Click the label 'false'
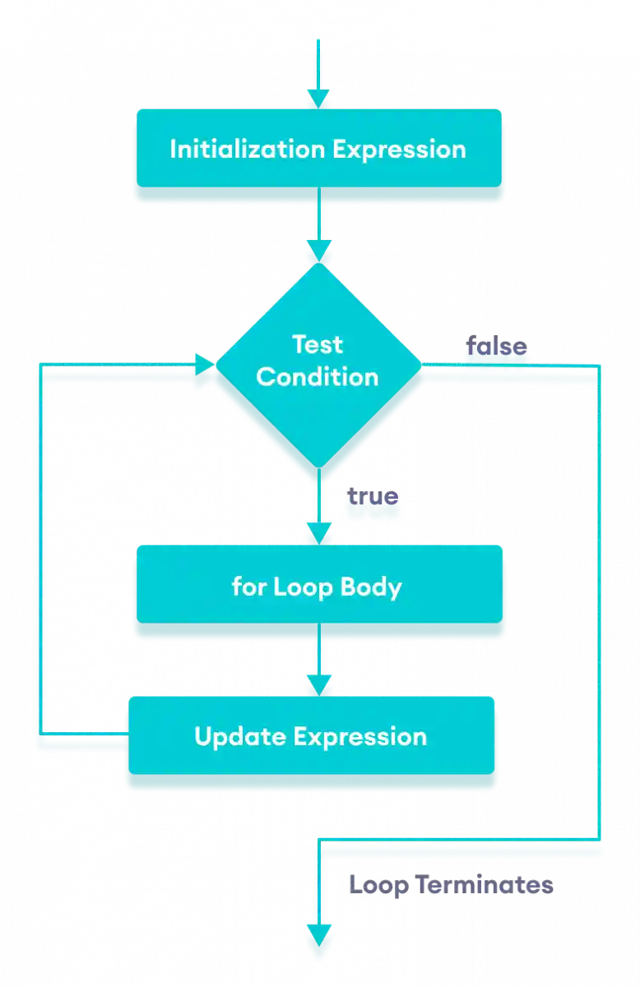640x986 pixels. tap(497, 347)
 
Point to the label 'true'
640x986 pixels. tap(373, 498)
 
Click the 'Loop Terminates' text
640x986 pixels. tap(451, 885)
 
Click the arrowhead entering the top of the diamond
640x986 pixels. tap(318, 251)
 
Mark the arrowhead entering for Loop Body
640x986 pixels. tap(318, 535)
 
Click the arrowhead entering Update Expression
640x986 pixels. tap(318, 684)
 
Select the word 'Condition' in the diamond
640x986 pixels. tap(318, 377)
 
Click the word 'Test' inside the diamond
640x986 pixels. tap(318, 343)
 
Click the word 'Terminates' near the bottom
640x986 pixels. tap(484, 885)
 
